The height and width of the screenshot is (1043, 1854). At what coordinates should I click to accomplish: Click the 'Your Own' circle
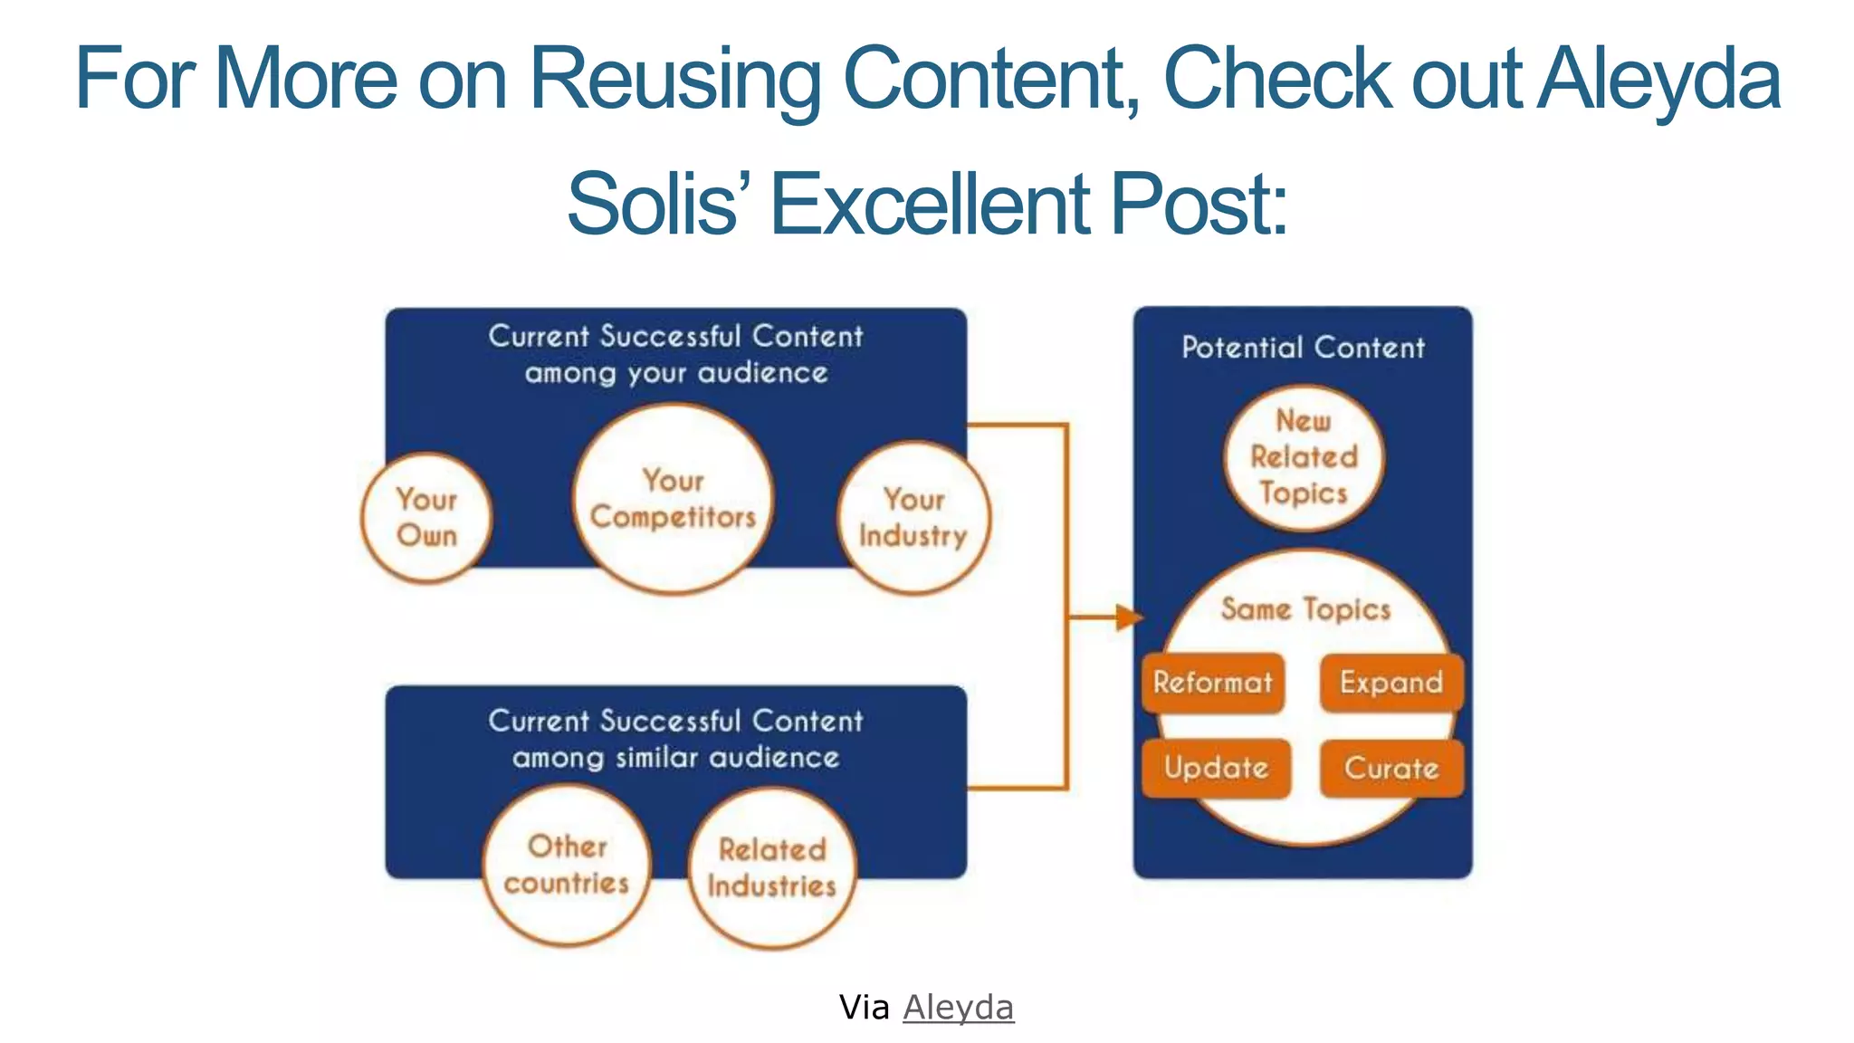coord(426,517)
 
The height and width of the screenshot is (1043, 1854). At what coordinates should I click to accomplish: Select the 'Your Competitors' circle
coord(673,499)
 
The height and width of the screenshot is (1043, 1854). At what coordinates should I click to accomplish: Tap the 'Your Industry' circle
coord(913,518)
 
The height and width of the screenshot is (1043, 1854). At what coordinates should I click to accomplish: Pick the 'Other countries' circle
coord(567,865)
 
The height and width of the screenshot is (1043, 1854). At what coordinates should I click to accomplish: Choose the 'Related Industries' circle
coord(771,867)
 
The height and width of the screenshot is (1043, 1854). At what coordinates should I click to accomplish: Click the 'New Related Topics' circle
coord(1304,457)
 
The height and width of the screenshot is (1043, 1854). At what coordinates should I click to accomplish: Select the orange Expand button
coord(1390,683)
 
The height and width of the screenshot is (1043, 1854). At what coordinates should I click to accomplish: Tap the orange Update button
coord(1216,769)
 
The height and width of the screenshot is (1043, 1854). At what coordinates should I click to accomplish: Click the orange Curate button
coord(1390,769)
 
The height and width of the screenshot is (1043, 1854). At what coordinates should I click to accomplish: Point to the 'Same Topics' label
coord(1305,609)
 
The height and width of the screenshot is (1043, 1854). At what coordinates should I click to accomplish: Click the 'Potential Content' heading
coord(1303,348)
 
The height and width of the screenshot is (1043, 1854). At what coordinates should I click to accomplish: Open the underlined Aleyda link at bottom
coord(958,1007)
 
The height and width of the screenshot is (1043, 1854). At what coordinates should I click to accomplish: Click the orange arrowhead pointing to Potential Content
coord(1129,617)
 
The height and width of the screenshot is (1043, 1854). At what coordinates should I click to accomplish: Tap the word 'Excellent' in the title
coord(931,204)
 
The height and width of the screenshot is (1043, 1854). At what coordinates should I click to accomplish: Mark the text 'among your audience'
coord(676,373)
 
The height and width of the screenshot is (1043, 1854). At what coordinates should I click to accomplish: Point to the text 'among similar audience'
coord(676,757)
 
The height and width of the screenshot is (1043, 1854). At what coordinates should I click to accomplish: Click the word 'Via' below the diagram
coord(864,1007)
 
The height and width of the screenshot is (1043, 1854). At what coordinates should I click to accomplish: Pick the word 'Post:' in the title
coord(1198,204)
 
